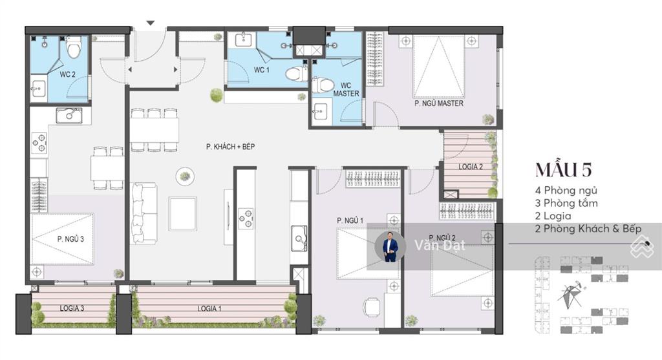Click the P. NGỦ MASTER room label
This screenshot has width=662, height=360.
[x=438, y=103]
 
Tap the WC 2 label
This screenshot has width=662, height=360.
[x=68, y=74]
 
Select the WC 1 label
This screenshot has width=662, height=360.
[x=261, y=70]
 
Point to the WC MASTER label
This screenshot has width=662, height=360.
[x=346, y=89]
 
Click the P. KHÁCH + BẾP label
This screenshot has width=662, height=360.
[x=231, y=147]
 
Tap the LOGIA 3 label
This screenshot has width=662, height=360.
[x=72, y=308]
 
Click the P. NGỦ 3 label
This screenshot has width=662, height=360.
[x=70, y=238]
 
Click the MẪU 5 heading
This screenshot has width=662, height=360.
[x=562, y=170]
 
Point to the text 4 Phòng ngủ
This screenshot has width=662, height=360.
[x=566, y=190]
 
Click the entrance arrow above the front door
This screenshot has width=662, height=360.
[x=151, y=23]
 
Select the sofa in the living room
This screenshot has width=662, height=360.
[x=144, y=213]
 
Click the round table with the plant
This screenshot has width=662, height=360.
[x=186, y=175]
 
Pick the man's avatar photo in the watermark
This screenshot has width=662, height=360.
[x=390, y=247]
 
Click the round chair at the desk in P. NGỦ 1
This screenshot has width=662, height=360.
[x=372, y=306]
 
